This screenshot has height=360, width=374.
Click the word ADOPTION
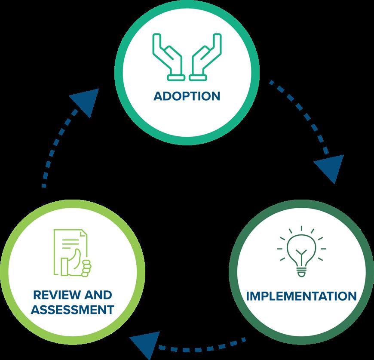pos(187,95)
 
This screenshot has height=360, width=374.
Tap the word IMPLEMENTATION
pos(301,296)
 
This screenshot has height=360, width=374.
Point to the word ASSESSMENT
pos(73,309)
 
